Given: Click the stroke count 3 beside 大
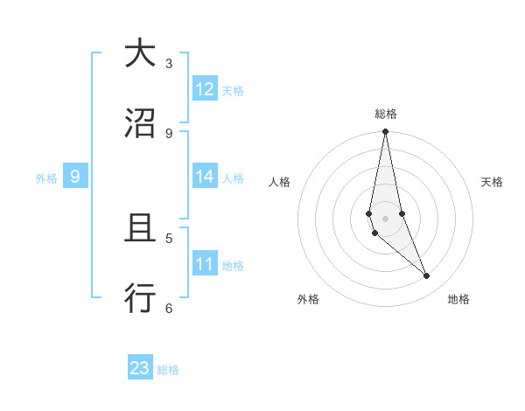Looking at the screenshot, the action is [169, 63].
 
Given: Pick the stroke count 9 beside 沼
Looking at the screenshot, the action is [169, 133].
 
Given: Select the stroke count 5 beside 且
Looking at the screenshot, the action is [169, 238].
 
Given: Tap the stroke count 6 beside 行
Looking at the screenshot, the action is [169, 308].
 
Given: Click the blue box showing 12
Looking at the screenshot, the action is [205, 89].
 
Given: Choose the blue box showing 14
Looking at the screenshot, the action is [205, 177].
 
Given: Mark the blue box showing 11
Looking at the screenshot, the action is [205, 264].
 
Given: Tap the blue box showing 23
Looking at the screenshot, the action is [140, 368].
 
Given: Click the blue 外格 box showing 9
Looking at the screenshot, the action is [75, 177].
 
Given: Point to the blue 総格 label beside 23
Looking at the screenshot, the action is [168, 370].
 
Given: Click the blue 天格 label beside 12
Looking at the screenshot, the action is [233, 91].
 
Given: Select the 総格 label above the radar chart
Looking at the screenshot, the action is [385, 114].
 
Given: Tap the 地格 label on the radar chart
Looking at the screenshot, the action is [458, 300].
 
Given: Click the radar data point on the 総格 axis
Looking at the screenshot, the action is [385, 132].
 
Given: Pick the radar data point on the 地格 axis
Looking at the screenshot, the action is [427, 276].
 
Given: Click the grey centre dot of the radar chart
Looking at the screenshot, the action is [385, 218].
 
